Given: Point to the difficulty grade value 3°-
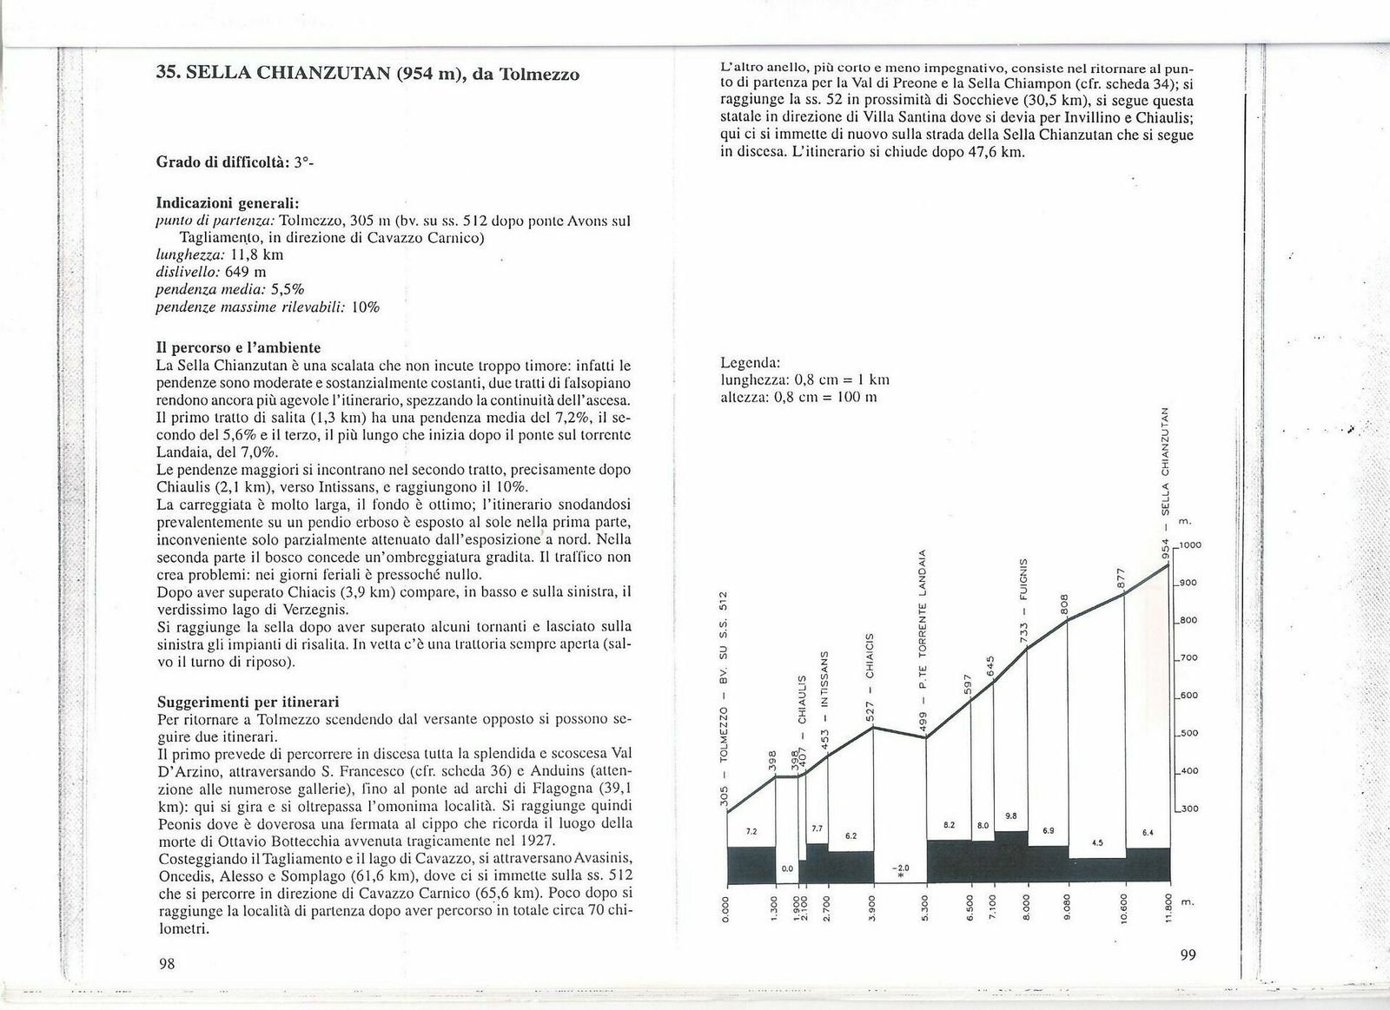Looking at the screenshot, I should point(301,162).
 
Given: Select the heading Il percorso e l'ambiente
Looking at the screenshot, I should point(239,348).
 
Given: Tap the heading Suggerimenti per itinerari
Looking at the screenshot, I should point(248,701).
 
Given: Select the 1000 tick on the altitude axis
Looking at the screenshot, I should point(1190,545).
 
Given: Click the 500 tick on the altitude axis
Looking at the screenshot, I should point(1188,733).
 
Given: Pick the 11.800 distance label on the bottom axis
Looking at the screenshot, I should point(1169,909).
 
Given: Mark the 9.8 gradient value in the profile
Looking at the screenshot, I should point(1009,815).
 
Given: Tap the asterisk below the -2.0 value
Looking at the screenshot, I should point(901,879).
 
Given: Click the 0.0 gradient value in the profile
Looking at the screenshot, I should point(787,868).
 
